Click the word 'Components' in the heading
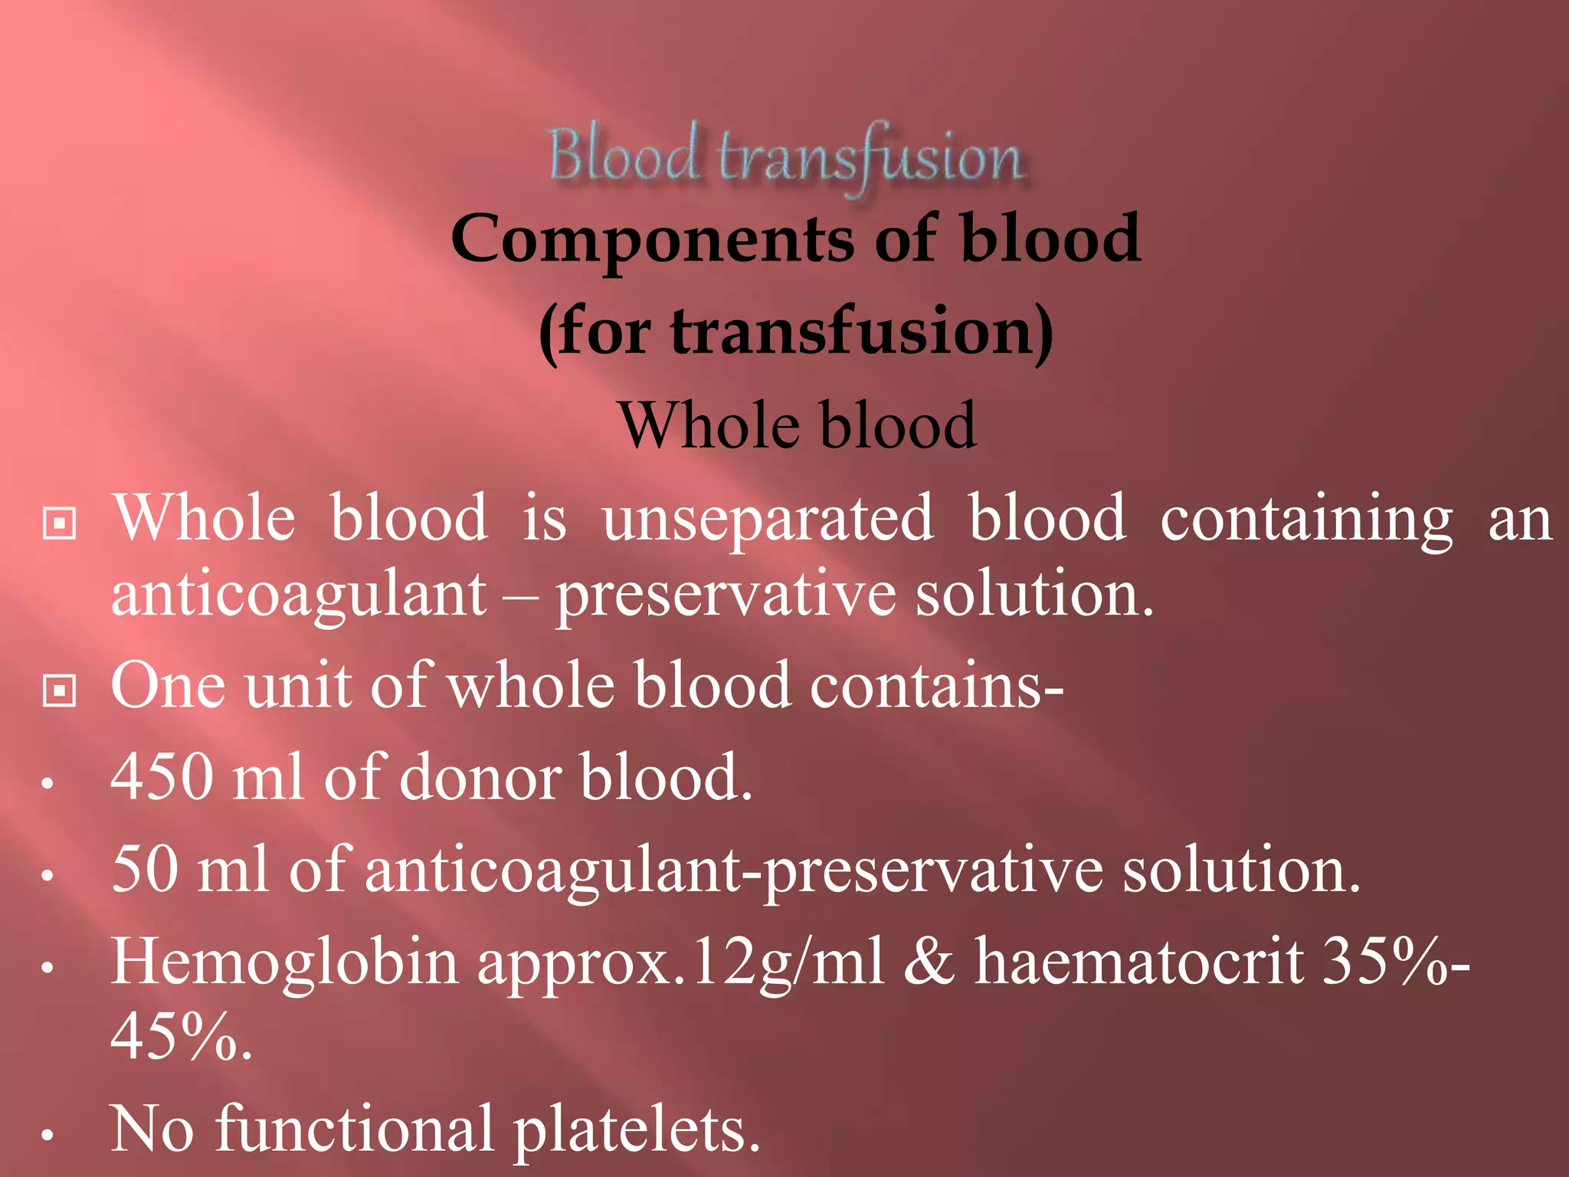point(652,238)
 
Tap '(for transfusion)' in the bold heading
point(796,332)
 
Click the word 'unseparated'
point(768,518)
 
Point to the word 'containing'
point(1305,520)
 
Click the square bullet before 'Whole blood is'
point(59,523)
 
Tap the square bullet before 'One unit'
point(59,690)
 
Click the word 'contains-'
point(936,684)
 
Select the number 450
point(162,776)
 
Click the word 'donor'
point(480,777)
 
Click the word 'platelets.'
point(636,1129)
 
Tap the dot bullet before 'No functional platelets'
point(47,1135)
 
